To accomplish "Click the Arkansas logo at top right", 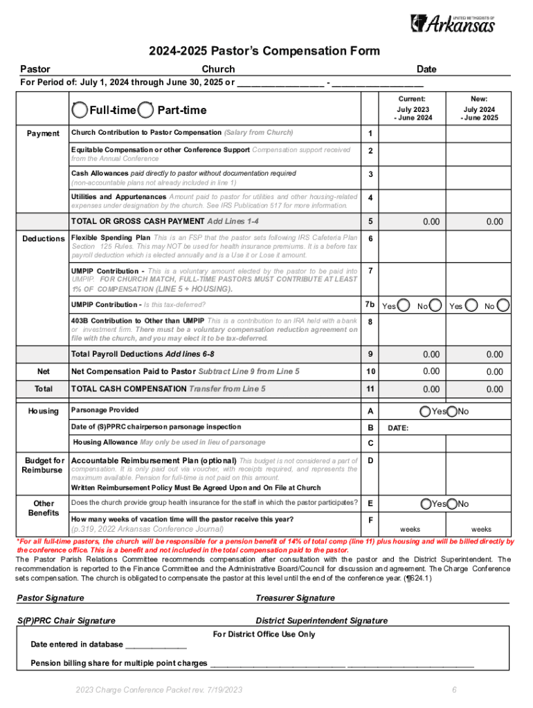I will [x=453, y=23].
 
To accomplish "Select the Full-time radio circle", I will [x=80, y=110].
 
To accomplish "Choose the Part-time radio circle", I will [x=146, y=110].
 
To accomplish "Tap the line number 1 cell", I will [x=370, y=133].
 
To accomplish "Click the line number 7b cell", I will [x=370, y=305].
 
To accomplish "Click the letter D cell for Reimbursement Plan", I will [x=370, y=460].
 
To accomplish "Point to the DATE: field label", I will [x=397, y=428].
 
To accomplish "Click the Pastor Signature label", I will [x=50, y=597].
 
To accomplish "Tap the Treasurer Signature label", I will [x=295, y=597].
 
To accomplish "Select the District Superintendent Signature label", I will [x=321, y=621].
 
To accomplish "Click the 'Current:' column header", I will [x=413, y=99].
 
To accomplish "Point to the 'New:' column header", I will [x=479, y=99].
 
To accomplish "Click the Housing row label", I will [x=43, y=411].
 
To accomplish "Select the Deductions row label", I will [x=43, y=239].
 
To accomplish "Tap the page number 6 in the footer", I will [x=454, y=690].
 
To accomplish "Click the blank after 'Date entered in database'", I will [x=156, y=644].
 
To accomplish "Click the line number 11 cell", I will [x=370, y=389].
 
